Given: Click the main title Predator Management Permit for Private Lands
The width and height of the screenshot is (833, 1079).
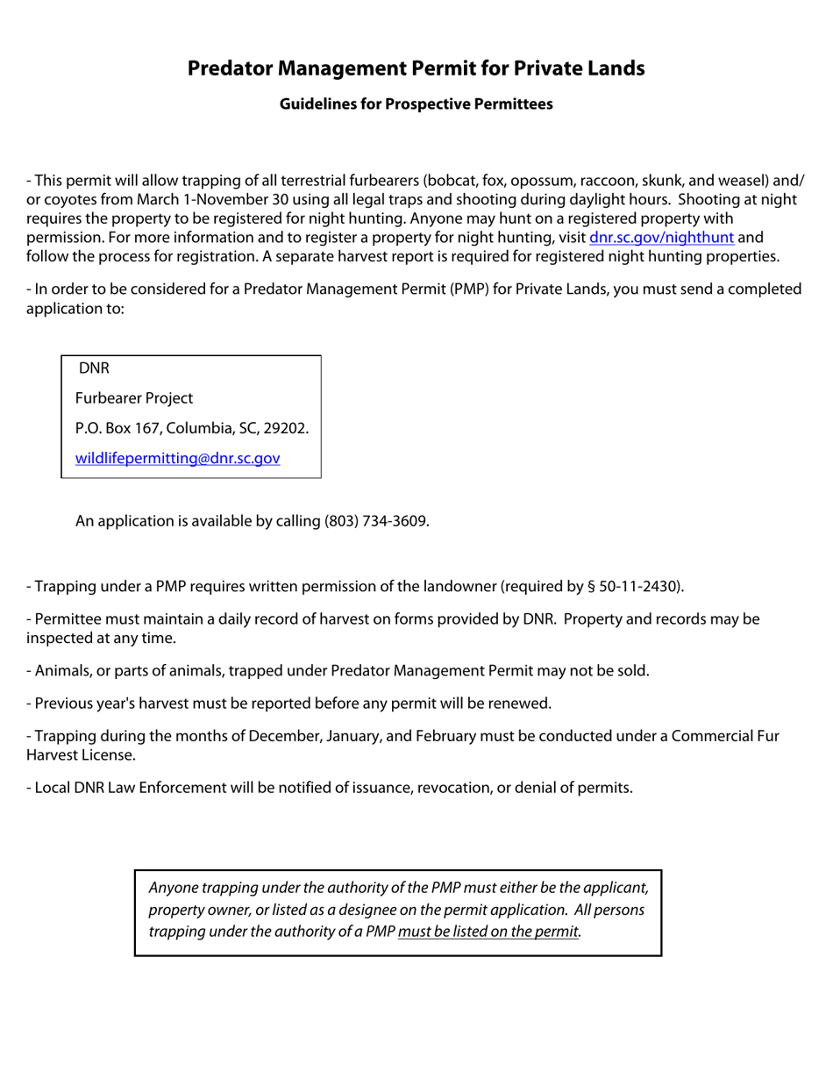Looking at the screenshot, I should [416, 68].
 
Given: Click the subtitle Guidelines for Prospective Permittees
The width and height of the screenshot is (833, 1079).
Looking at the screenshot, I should [416, 104].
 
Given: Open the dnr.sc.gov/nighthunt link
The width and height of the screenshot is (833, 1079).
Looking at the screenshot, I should [661, 237].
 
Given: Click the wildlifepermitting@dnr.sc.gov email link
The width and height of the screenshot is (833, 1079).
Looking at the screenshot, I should [178, 458].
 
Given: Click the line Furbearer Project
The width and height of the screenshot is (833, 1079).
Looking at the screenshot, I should [134, 398].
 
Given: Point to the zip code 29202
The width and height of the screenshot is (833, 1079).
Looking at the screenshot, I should [287, 429].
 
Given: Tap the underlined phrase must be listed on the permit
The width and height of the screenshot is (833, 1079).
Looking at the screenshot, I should [489, 932].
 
